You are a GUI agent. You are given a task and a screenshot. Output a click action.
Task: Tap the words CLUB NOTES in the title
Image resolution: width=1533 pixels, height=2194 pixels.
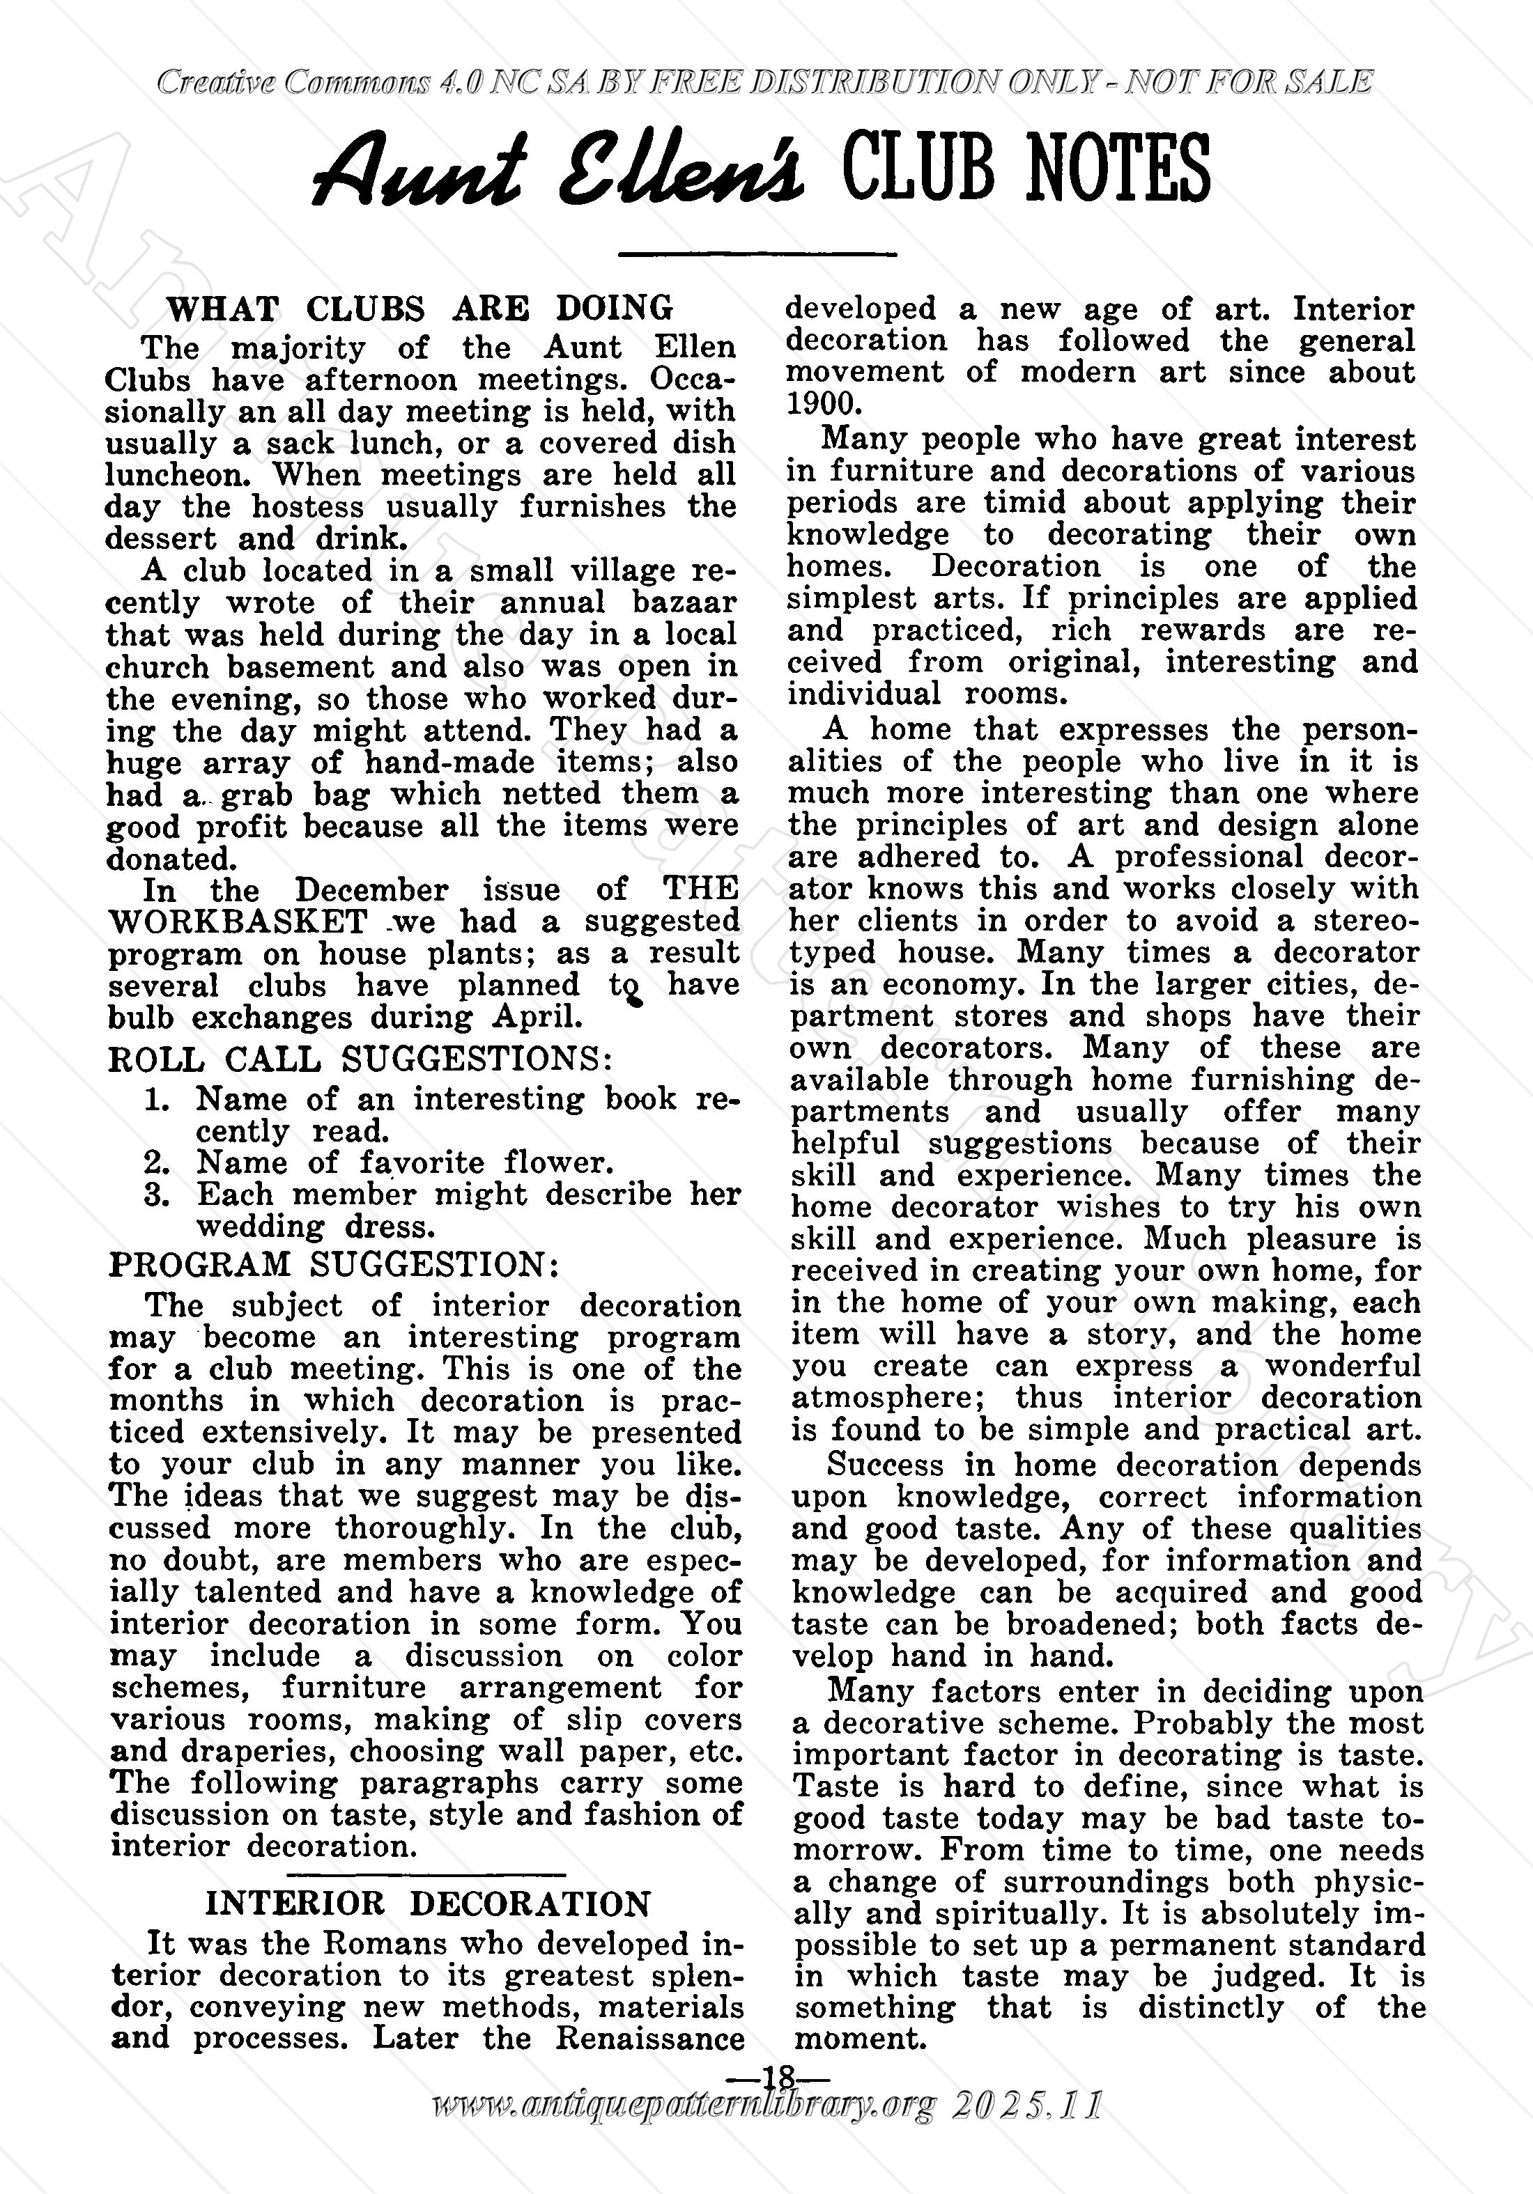click(1026, 167)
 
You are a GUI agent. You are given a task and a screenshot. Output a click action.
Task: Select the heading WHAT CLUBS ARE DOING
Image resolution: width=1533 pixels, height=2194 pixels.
click(419, 309)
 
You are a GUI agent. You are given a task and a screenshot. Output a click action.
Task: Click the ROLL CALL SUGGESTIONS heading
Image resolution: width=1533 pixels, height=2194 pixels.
click(360, 1059)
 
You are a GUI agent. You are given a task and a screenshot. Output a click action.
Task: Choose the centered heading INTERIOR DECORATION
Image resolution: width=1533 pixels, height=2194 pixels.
click(427, 1904)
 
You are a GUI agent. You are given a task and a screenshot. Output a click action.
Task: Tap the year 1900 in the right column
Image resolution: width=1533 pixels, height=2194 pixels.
click(823, 403)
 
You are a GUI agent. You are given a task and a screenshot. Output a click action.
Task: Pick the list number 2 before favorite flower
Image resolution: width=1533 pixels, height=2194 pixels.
click(157, 1163)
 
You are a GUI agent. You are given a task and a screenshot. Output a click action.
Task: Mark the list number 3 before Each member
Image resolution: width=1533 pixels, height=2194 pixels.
click(157, 1195)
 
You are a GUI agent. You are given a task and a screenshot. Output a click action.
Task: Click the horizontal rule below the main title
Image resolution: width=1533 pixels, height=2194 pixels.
click(757, 254)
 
